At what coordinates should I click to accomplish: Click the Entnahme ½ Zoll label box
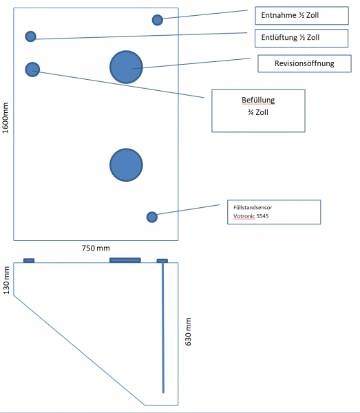301,16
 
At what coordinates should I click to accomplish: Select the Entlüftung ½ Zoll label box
301,38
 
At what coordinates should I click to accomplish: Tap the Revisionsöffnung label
304,63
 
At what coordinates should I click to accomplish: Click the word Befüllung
258,100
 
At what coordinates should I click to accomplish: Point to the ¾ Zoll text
258,112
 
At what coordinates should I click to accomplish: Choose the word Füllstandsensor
253,208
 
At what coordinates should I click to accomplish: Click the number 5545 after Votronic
262,216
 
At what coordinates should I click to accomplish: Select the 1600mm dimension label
6,118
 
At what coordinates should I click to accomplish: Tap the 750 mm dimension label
96,248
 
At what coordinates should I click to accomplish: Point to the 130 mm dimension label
6,280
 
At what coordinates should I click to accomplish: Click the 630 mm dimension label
188,332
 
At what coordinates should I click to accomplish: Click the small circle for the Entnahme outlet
158,20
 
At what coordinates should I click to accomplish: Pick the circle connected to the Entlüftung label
30,36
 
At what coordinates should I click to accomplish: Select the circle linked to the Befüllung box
32,70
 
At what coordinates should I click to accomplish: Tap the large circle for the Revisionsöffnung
126,67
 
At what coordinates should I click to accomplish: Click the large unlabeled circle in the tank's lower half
126,165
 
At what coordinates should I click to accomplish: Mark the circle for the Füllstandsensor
152,217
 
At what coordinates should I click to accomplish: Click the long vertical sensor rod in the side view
163,328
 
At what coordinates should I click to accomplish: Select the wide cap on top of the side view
125,260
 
